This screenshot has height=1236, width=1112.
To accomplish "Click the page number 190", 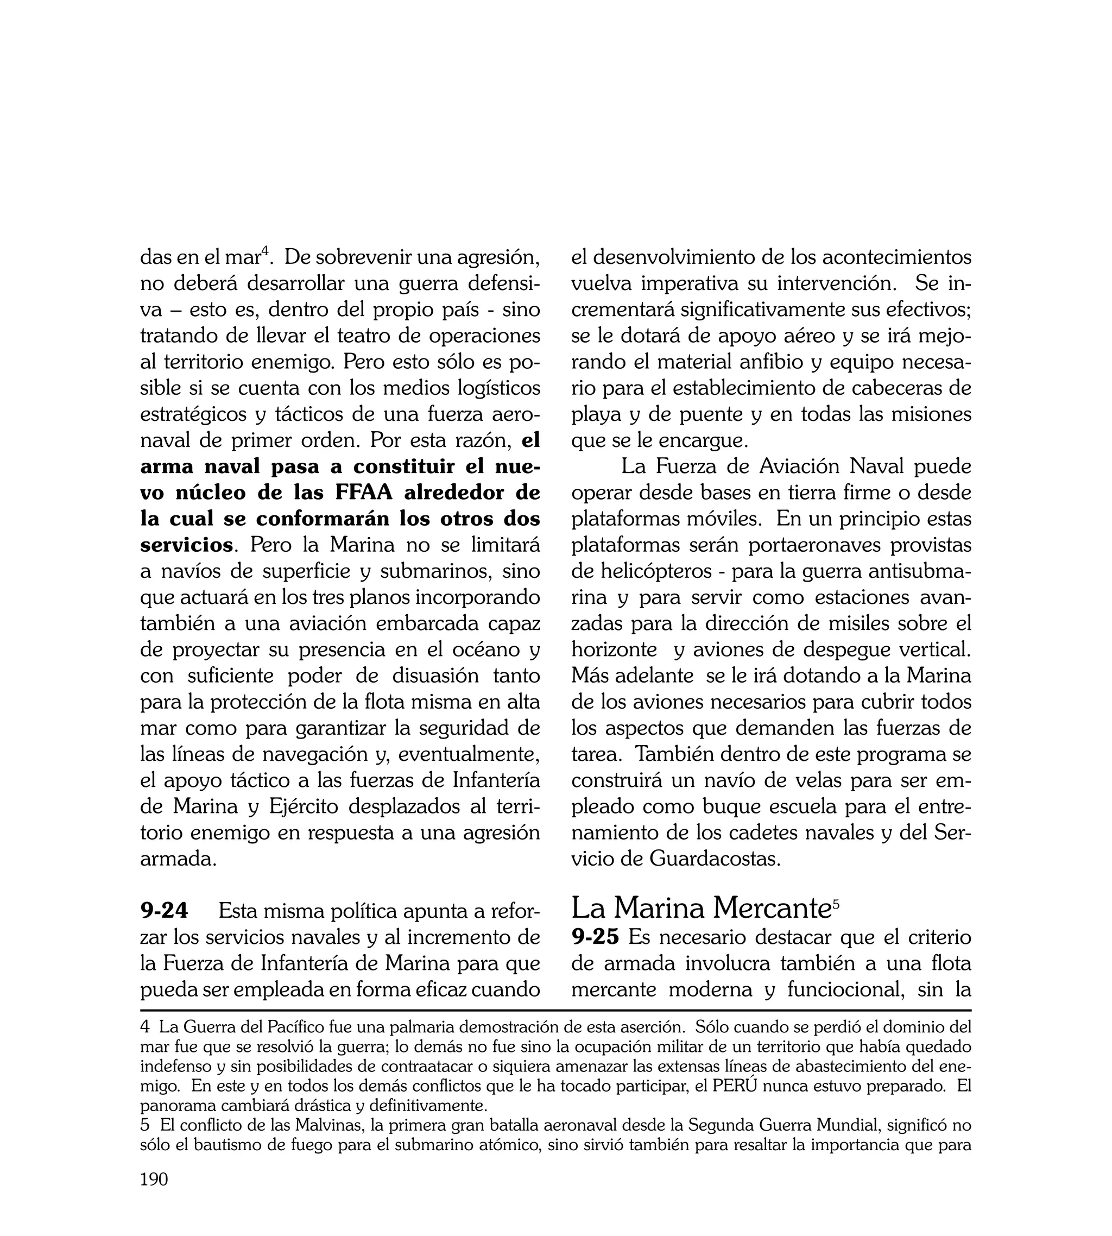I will click(x=154, y=1196).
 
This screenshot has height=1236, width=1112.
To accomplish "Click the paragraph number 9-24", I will click(x=165, y=911).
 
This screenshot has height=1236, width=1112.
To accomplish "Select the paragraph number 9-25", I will click(x=595, y=937).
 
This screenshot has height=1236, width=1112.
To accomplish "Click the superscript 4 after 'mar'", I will click(x=265, y=250).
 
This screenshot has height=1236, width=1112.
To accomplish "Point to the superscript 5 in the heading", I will click(x=836, y=902).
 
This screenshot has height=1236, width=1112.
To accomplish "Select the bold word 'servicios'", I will click(x=186, y=544).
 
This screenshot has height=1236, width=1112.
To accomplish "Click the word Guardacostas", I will click(x=715, y=859).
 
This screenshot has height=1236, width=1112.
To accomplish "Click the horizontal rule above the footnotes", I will click(x=555, y=1011).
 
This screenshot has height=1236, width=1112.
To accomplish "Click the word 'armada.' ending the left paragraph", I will click(x=179, y=859).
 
